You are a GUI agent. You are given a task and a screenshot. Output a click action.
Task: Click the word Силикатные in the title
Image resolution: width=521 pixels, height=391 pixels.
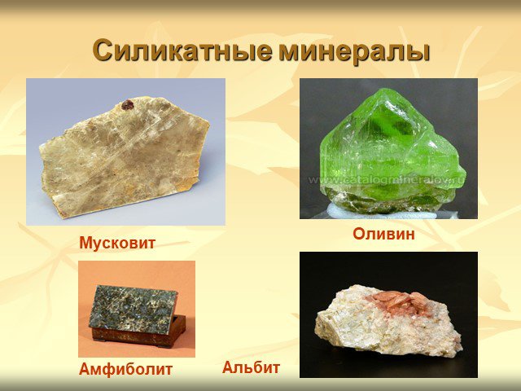[x=182, y=51]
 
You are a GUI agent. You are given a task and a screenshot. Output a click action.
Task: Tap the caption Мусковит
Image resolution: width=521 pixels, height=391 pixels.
[x=117, y=243]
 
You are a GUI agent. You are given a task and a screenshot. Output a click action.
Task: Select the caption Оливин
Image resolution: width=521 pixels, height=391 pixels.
[x=383, y=234]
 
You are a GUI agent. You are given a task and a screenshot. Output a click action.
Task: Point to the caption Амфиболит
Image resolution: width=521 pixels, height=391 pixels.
[x=125, y=369]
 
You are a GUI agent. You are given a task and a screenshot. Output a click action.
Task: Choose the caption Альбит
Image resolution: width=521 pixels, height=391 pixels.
[x=252, y=367]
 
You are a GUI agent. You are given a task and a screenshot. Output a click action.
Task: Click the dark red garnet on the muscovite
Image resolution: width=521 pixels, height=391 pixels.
[x=127, y=105]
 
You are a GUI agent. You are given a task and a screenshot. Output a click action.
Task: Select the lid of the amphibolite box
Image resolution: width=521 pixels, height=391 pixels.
[x=133, y=310]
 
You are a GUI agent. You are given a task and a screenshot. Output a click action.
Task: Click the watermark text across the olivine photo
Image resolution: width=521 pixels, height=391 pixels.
[x=387, y=180]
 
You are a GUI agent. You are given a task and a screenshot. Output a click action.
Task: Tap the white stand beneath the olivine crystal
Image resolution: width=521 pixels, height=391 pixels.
[x=382, y=212]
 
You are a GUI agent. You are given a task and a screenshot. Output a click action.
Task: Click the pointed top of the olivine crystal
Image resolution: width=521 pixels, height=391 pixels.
[x=383, y=89]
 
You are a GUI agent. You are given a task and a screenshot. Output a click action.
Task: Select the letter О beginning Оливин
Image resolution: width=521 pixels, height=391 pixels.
[x=358, y=234]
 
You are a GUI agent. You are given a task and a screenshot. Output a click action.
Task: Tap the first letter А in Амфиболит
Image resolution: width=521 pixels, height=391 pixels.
[x=85, y=369]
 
